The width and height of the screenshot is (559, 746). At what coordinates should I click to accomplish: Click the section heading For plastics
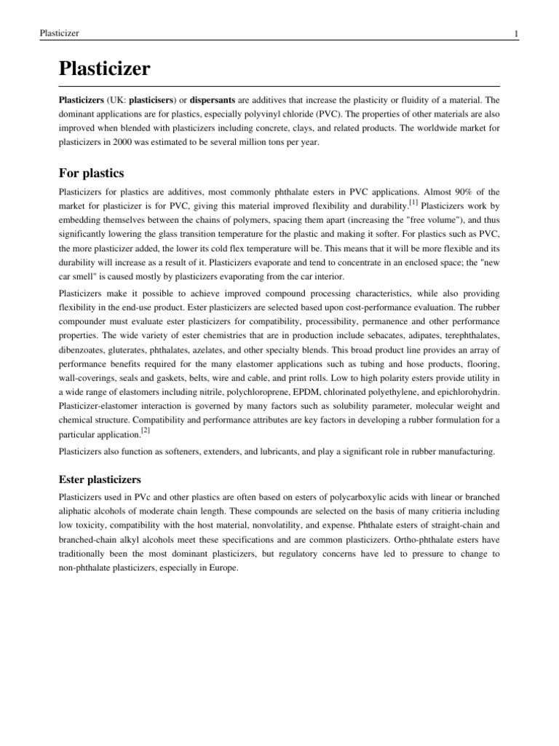[91, 173]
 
